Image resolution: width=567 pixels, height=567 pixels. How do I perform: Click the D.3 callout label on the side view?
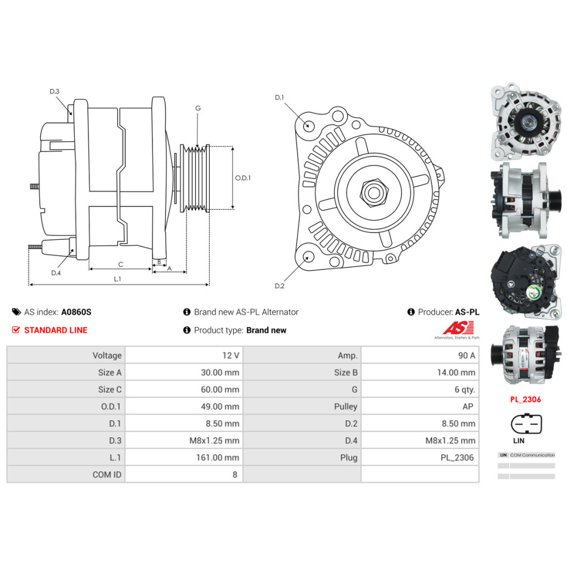coord(54,91)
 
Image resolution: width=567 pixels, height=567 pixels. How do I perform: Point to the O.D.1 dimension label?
coord(243,177)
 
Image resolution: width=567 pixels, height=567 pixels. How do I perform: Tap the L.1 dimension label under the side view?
coord(117,278)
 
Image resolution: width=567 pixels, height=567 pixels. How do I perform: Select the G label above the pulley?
coord(198,108)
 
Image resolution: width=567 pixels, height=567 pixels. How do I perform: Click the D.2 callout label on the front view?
coord(279,285)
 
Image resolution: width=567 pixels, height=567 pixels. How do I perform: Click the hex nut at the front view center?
coord(373,192)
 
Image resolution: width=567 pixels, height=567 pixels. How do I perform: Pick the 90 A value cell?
coord(420,356)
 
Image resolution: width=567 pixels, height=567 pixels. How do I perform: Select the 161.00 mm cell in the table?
coord(184,458)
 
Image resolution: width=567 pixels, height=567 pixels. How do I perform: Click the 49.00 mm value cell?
coord(184,407)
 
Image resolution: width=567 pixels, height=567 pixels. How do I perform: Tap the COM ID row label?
coord(66,475)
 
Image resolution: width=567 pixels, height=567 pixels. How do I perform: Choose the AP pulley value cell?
coord(420,407)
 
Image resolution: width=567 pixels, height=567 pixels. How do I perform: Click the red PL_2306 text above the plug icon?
coord(525,399)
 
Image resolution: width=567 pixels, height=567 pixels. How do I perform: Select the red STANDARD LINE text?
coord(56,330)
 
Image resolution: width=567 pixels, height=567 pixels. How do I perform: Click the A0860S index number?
coord(76,312)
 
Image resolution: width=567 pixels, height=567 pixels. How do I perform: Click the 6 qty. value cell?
coord(420,390)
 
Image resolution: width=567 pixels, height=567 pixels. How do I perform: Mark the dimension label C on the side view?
coord(120,264)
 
